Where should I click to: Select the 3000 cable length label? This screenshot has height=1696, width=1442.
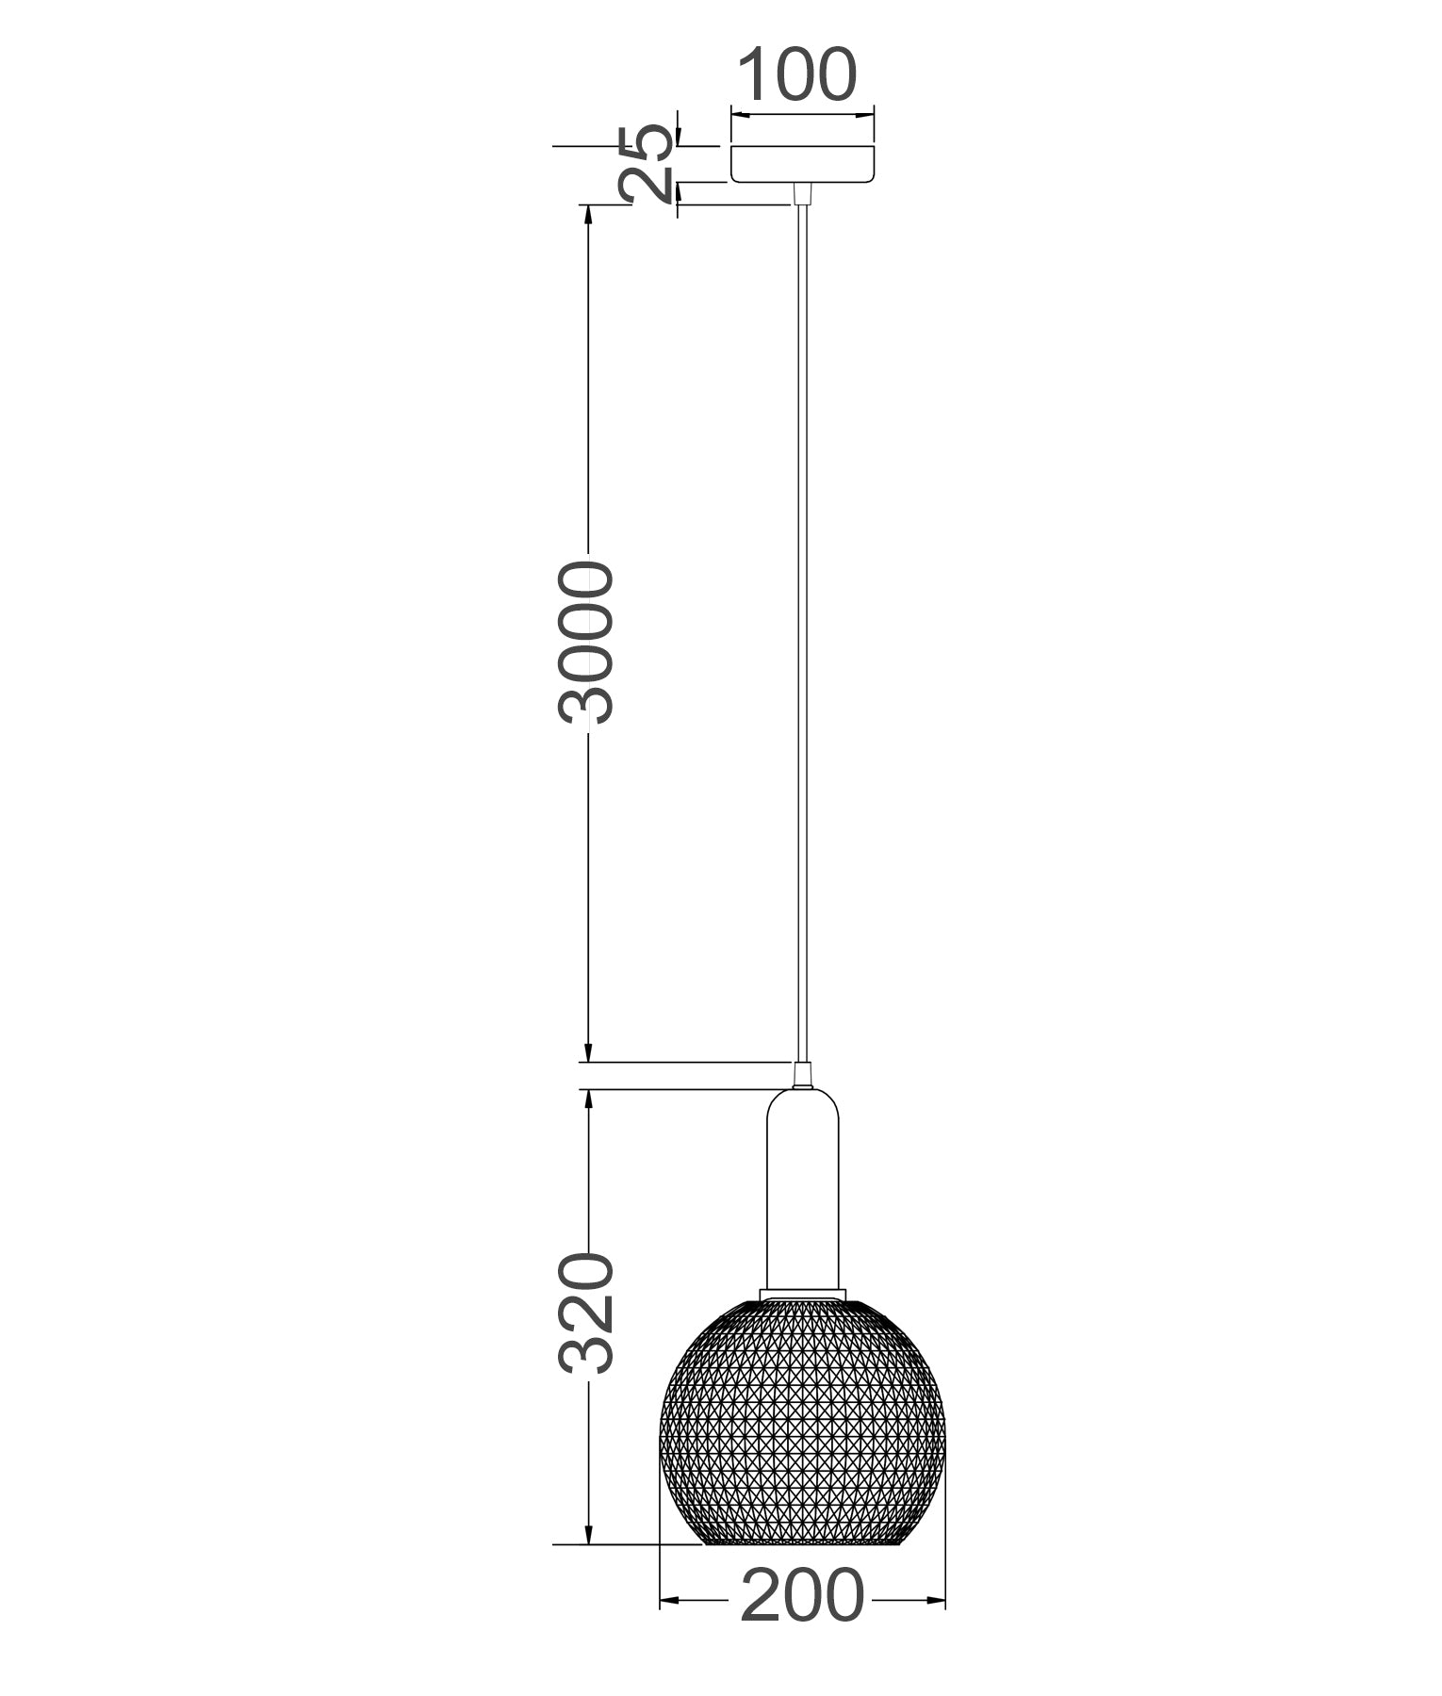[x=586, y=643]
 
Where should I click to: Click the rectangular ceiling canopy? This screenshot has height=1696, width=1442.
[x=803, y=163]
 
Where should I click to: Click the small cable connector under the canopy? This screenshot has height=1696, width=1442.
[x=802, y=193]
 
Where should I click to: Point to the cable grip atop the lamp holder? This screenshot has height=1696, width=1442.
[x=802, y=1075]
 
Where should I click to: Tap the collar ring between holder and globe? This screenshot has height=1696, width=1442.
[x=802, y=1292]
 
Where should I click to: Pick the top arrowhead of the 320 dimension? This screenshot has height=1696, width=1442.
[x=588, y=1099]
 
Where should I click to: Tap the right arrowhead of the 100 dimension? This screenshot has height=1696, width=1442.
[x=867, y=116]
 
